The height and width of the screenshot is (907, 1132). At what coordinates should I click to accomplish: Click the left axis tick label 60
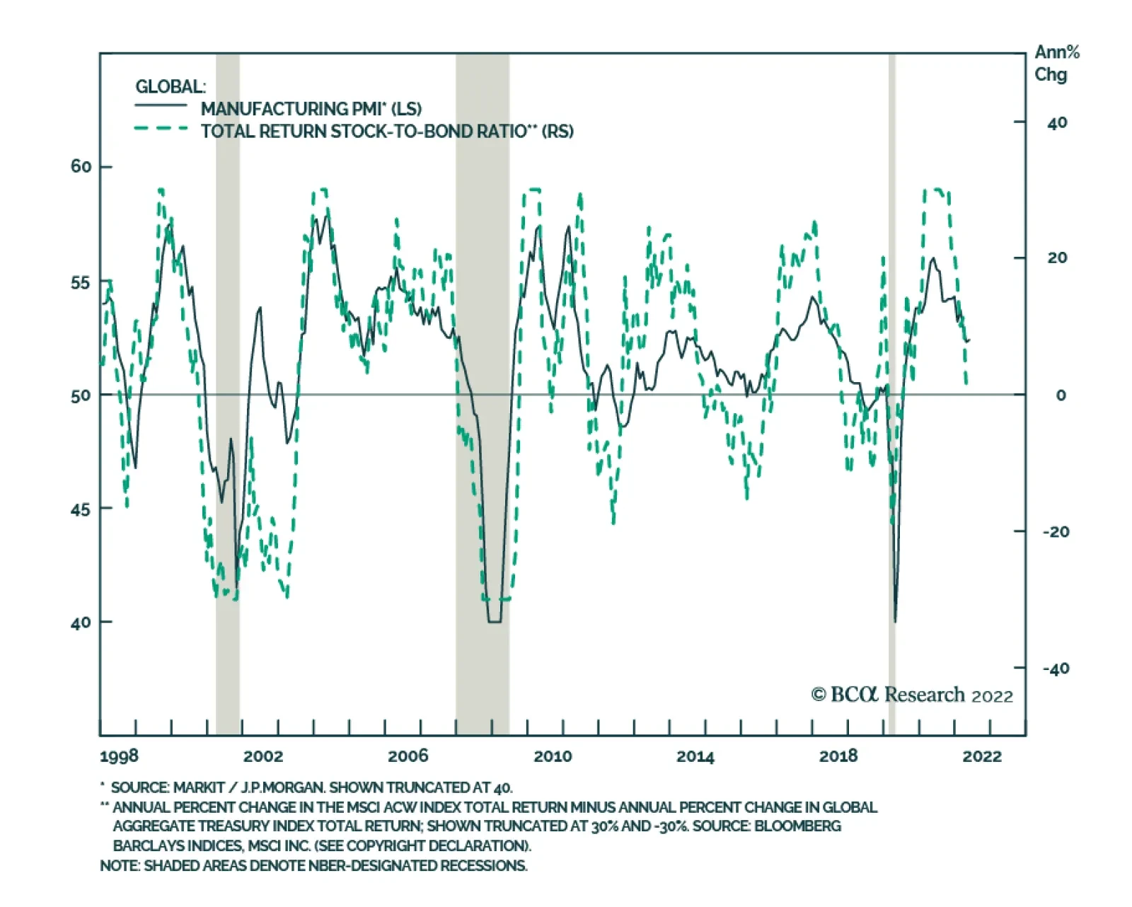pos(81,167)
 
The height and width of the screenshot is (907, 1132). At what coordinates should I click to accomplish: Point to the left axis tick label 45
pos(81,509)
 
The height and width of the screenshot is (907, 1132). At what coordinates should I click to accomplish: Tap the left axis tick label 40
pos(81,623)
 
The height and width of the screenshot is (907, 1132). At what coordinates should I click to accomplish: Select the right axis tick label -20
pos(1056,532)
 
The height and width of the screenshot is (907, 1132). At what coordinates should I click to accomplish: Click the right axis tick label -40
pos(1056,669)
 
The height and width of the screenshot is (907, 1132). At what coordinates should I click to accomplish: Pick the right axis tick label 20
pos(1057,258)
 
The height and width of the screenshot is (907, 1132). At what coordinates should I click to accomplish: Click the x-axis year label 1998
pos(119,756)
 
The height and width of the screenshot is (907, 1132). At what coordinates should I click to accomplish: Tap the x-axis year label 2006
pos(408,756)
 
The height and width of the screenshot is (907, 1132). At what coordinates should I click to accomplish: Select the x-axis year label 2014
pos(695,756)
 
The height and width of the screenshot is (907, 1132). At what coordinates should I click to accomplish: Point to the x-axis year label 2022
pos(982,756)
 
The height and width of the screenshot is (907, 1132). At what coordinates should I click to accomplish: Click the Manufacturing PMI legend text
pos(311,109)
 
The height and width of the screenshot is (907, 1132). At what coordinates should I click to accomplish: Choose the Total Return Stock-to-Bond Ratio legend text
pos(387,132)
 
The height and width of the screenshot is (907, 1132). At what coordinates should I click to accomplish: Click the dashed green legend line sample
pos(161,129)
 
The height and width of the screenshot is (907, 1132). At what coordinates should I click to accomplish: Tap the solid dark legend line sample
pos(161,106)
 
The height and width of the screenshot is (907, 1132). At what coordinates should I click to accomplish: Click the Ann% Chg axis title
pos(1056,64)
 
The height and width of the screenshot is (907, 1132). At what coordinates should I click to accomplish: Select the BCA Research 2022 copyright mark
pos(912,695)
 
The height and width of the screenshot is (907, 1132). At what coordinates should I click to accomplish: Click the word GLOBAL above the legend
pos(170,87)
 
